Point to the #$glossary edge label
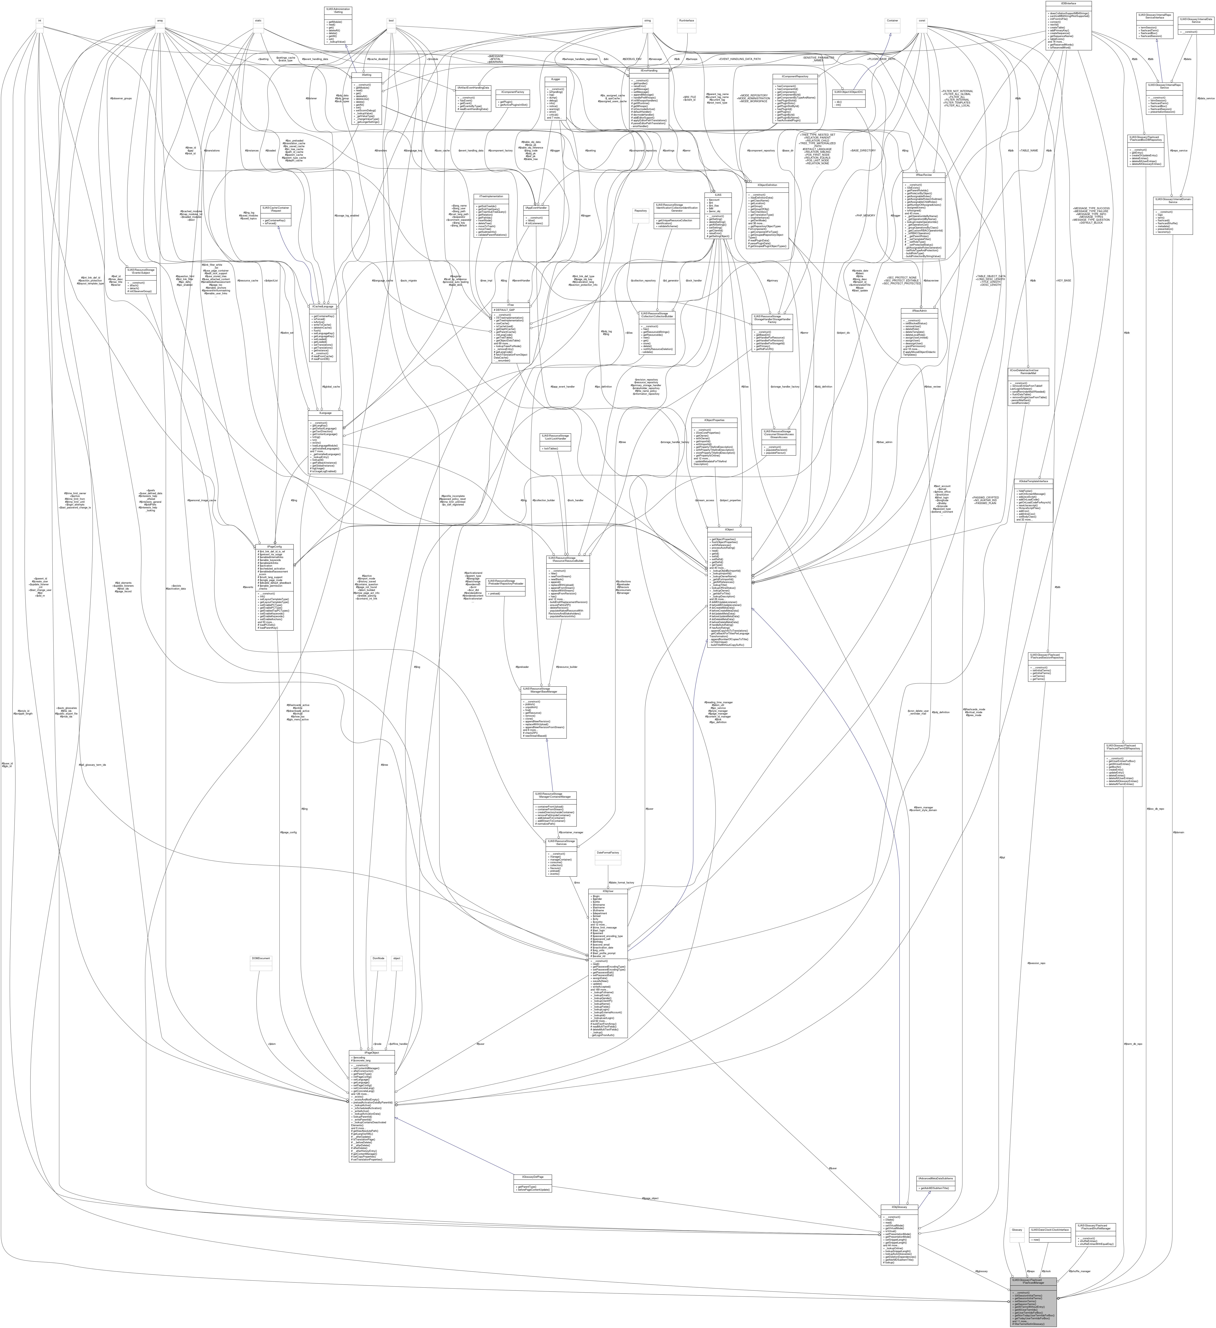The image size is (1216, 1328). click(981, 1271)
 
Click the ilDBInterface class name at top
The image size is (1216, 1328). click(1068, 3)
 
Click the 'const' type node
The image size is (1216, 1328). click(922, 20)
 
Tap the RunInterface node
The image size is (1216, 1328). click(687, 20)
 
